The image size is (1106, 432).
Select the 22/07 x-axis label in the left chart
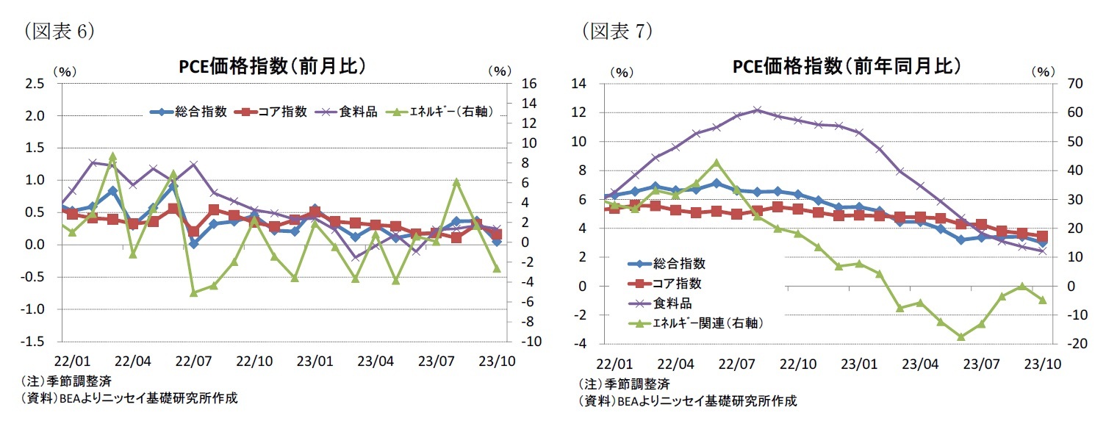[194, 362]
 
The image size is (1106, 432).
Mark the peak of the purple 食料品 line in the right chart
[758, 110]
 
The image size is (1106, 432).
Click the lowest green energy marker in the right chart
[960, 336]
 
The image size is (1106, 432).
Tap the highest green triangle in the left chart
[112, 156]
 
